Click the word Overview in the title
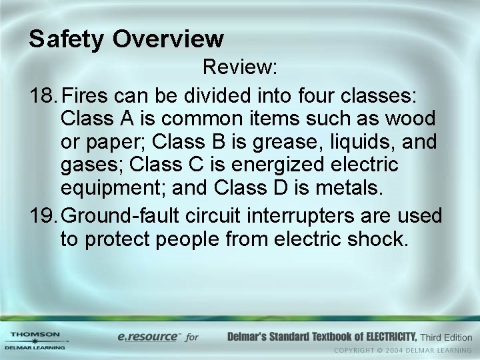pos(168,39)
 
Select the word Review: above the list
pos(240,67)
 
